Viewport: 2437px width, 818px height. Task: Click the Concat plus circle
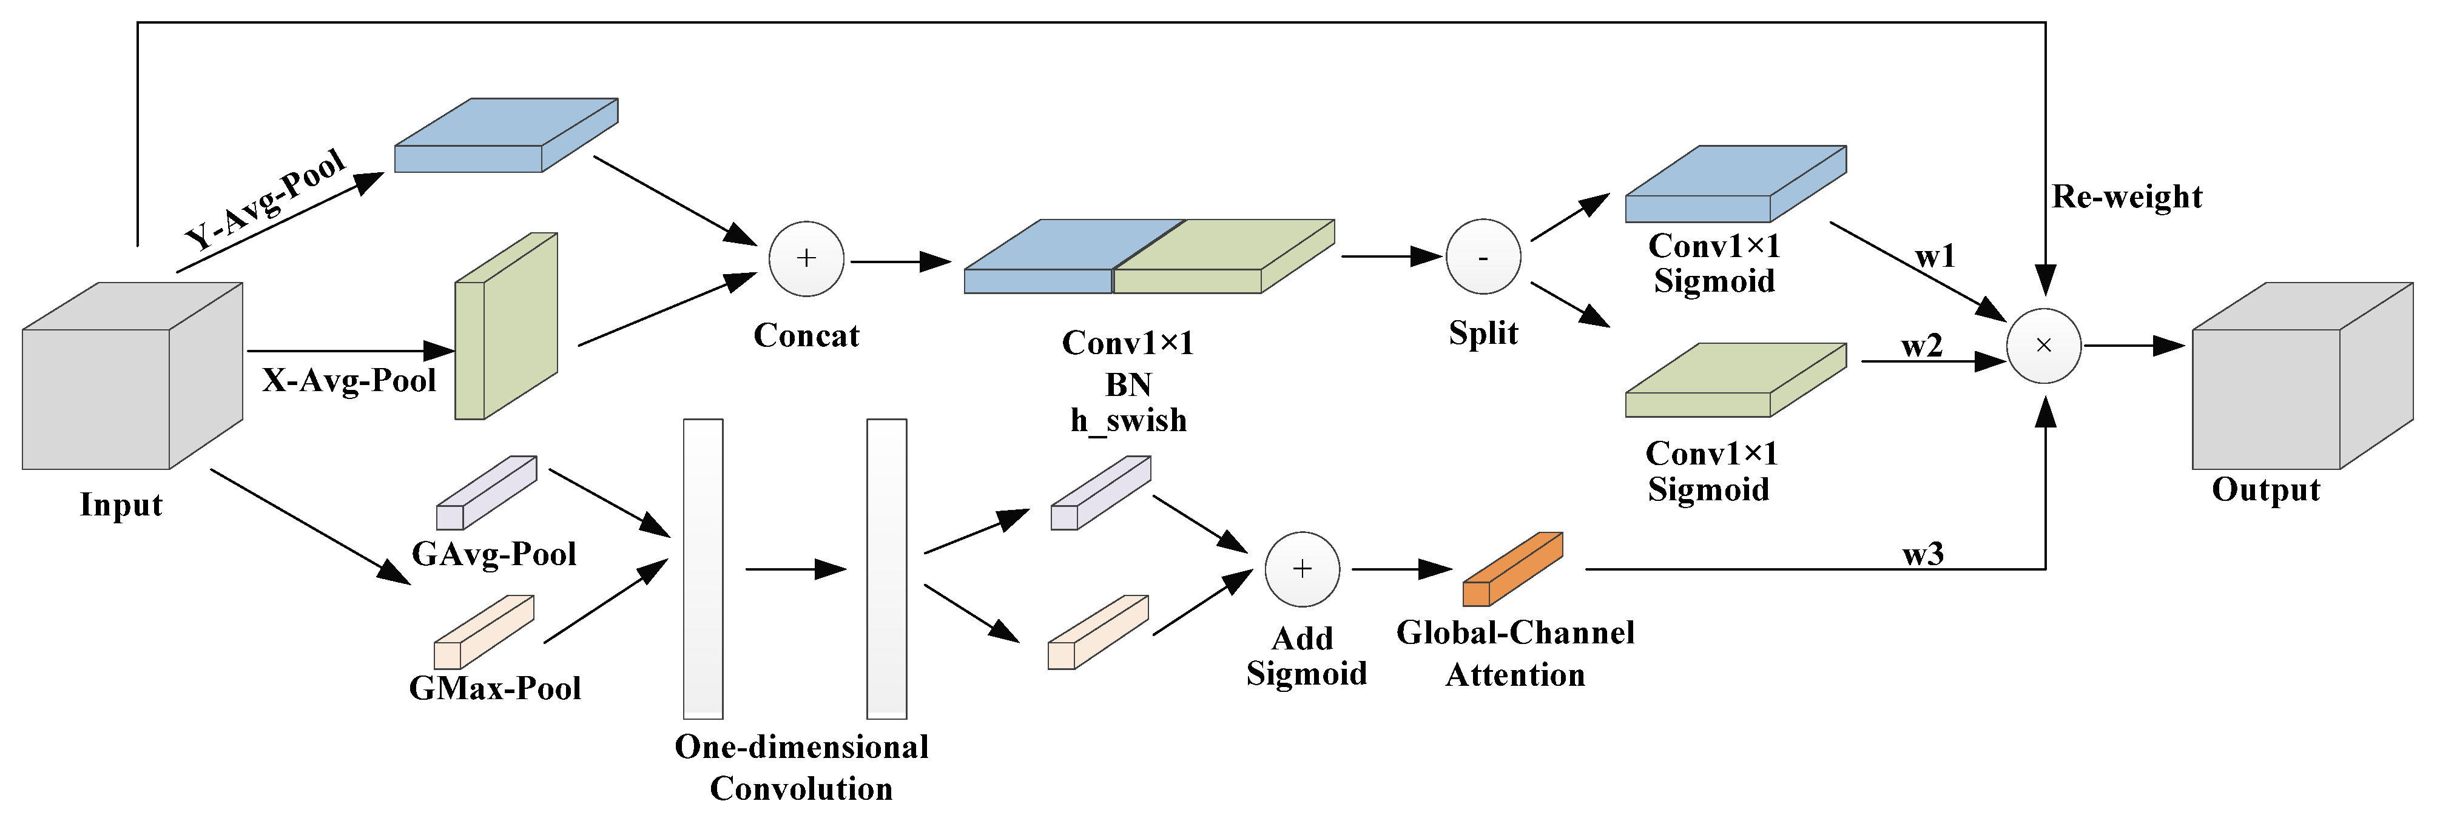point(806,258)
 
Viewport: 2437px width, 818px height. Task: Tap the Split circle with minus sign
point(1483,256)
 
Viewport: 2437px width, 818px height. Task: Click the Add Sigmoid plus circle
point(1302,568)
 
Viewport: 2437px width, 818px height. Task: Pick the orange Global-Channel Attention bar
point(1512,569)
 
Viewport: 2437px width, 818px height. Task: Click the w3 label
point(1923,553)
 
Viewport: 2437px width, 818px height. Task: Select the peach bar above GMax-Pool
point(484,632)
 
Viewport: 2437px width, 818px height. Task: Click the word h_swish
point(1128,420)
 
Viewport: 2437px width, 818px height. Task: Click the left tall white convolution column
point(703,568)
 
